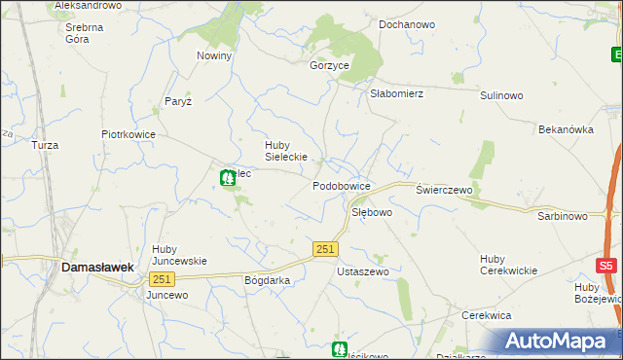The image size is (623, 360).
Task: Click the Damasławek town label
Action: click(96, 266)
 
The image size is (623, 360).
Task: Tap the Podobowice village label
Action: click(341, 185)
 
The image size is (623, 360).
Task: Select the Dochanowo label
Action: click(407, 23)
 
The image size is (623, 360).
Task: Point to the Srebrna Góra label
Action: click(85, 34)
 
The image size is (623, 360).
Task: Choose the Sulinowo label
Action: click(502, 96)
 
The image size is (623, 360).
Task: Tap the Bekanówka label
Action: click(566, 128)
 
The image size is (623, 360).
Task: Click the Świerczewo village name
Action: click(444, 191)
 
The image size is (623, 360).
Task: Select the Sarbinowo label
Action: click(562, 216)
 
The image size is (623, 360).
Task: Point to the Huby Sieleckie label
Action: click(286, 151)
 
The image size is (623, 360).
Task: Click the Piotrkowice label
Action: click(128, 135)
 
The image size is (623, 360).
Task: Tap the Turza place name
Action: click(45, 145)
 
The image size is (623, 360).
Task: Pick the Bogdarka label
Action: click(268, 279)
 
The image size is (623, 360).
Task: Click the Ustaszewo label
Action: click(362, 271)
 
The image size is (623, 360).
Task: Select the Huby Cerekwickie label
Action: click(508, 264)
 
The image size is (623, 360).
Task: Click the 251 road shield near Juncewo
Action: click(162, 279)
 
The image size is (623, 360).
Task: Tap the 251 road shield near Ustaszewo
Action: click(326, 250)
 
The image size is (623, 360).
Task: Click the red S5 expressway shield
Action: click(606, 266)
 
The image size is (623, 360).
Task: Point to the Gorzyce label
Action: click(329, 65)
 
